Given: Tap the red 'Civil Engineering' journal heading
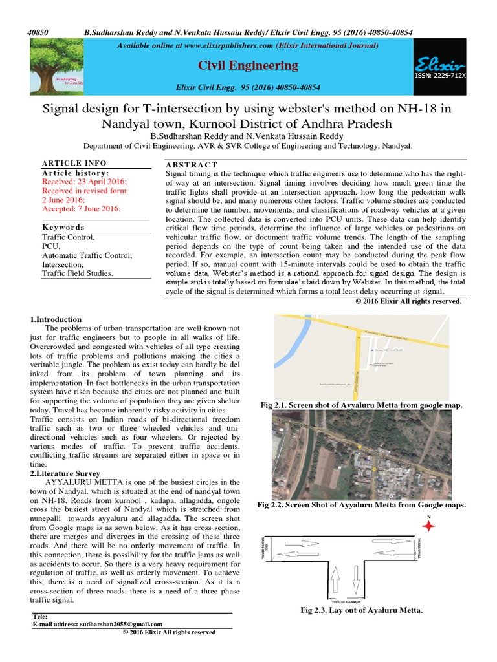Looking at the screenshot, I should (248, 65).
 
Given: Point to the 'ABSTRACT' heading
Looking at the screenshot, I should (192, 165).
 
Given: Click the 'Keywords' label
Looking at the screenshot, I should (63, 228).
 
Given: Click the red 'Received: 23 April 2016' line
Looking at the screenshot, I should (85, 182).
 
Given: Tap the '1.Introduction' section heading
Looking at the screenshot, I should (56, 319).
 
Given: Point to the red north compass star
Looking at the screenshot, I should (428, 527).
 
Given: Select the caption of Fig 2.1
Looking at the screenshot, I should (362, 405).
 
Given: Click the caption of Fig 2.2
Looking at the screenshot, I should (362, 504).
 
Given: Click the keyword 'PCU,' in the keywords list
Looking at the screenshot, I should (51, 246).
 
